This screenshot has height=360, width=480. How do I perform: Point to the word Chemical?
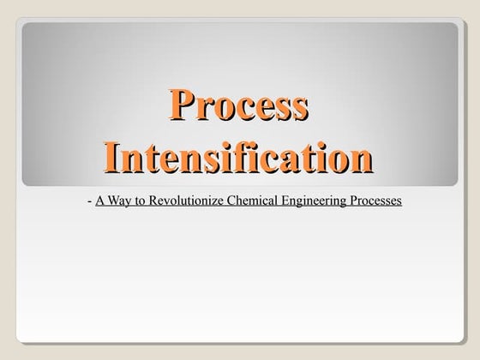[x=249, y=202]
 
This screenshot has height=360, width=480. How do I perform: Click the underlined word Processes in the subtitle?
[x=375, y=202]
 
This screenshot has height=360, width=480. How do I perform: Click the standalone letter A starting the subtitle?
[x=100, y=202]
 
